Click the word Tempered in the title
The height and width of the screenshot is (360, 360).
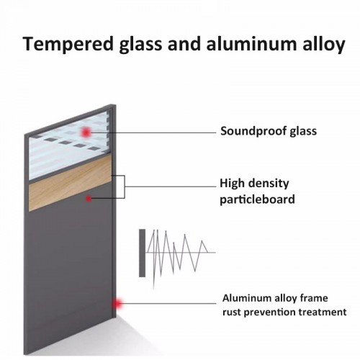point(68,44)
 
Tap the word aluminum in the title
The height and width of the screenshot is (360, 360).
point(251,44)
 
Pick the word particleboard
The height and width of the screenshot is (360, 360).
point(257,199)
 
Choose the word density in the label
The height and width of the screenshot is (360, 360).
point(269,184)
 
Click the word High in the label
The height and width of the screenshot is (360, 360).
point(232,183)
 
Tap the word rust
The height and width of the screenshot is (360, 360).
point(231,312)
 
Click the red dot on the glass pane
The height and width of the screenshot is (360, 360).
point(86,132)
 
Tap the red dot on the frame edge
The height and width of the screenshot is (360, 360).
point(117,304)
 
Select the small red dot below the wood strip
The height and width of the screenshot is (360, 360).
point(89,199)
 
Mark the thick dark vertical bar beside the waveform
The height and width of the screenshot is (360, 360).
point(142,253)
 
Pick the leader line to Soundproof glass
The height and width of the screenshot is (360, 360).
point(153,132)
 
